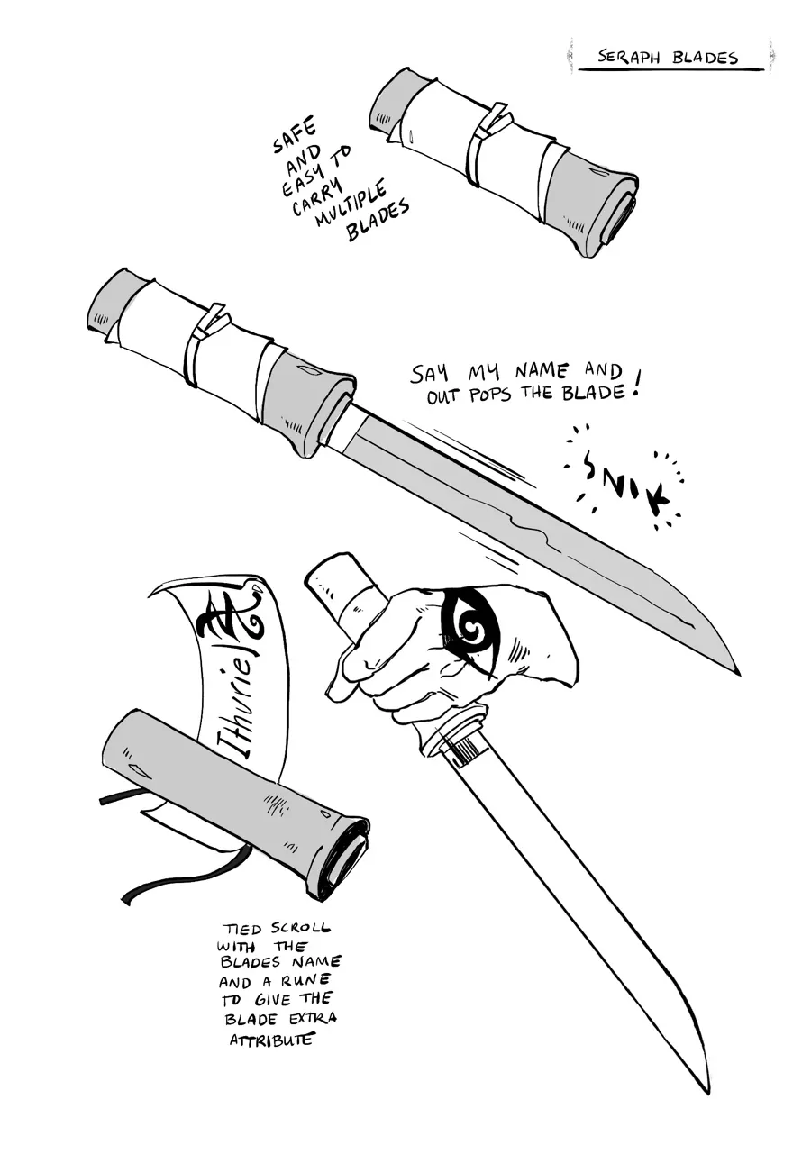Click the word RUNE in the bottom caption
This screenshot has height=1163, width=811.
click(305, 981)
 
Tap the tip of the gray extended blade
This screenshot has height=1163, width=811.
click(739, 676)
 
